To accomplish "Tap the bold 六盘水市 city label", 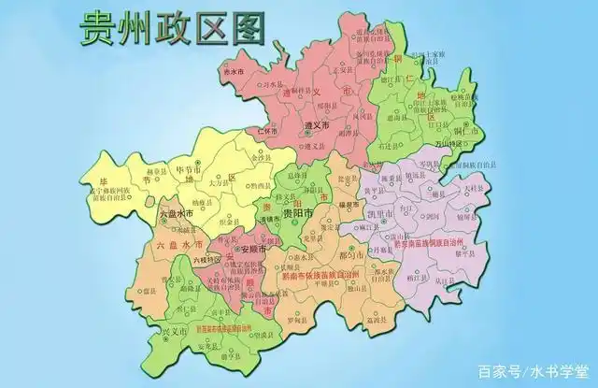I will [176, 214].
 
